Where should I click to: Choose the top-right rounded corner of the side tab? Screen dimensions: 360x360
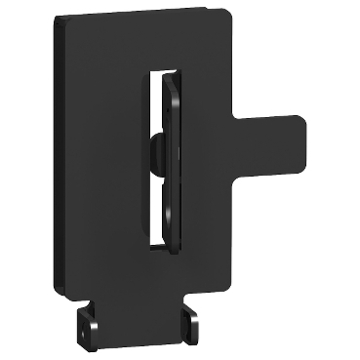pos(301,123)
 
